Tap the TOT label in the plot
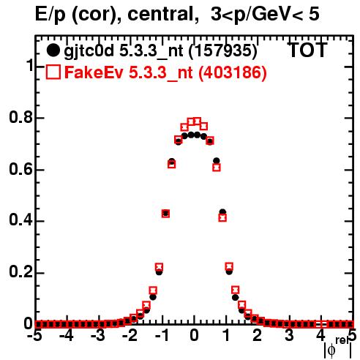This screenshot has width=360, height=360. point(308,50)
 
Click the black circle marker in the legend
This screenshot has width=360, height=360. point(53,50)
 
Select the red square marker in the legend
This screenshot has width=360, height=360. point(53,72)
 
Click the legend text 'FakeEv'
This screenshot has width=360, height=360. point(94,72)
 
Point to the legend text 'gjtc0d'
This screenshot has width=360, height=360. point(89,51)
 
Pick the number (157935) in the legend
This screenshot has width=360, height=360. point(223,51)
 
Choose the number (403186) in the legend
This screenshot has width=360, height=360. point(232,72)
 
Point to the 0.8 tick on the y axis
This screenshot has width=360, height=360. point(20,118)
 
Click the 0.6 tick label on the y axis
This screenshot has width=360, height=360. point(20,169)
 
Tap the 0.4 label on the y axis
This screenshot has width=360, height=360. point(20,221)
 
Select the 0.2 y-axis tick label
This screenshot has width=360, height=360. point(20,273)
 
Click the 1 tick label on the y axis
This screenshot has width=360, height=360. point(30,65)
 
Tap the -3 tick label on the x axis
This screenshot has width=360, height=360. point(97,336)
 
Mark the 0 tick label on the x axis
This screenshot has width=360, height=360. point(194,336)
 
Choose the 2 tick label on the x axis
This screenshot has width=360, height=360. point(258,336)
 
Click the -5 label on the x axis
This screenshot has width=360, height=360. point(34,336)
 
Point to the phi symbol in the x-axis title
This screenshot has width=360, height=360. point(331,350)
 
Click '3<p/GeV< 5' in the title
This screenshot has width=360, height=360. point(265,15)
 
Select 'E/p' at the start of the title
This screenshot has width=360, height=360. point(50,15)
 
